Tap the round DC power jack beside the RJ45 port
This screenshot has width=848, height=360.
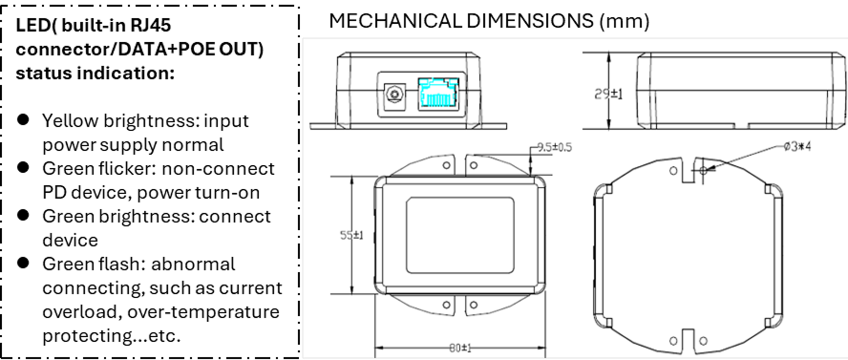[394, 95]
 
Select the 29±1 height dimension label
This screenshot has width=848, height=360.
[608, 94]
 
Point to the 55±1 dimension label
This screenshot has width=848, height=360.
[351, 236]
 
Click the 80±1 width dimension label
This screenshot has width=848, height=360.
[459, 349]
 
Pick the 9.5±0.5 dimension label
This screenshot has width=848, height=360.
[553, 147]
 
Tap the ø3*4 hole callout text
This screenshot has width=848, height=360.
[797, 146]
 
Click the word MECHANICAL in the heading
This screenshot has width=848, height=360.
[393, 21]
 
